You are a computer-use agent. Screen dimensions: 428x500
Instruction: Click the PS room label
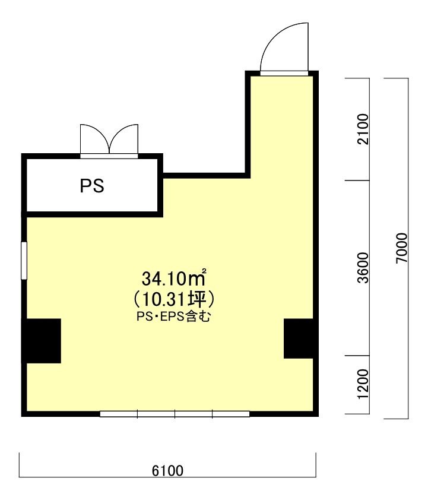[92, 186]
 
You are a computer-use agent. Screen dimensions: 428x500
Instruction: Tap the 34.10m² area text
[174, 278]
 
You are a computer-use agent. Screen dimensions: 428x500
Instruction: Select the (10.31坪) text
[174, 299]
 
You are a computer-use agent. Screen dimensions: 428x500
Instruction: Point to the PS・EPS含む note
[174, 317]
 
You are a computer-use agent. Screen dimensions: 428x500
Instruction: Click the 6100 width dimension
[167, 471]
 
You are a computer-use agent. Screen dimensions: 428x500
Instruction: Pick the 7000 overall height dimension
[402, 248]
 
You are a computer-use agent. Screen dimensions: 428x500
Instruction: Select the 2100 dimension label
[363, 129]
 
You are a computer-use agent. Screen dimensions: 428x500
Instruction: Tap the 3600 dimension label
[363, 268]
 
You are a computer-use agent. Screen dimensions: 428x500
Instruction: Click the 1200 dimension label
[363, 384]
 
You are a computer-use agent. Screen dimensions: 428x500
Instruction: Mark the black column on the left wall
[42, 341]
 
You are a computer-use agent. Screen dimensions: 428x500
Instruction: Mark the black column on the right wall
[301, 338]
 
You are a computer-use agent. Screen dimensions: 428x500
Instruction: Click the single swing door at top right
[284, 48]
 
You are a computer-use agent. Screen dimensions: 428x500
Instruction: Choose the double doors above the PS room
[109, 141]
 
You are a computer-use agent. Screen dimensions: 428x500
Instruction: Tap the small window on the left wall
[24, 261]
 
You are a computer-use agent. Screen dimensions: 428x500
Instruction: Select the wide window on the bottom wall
[175, 414]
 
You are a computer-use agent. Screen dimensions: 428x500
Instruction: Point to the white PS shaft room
[92, 185]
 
